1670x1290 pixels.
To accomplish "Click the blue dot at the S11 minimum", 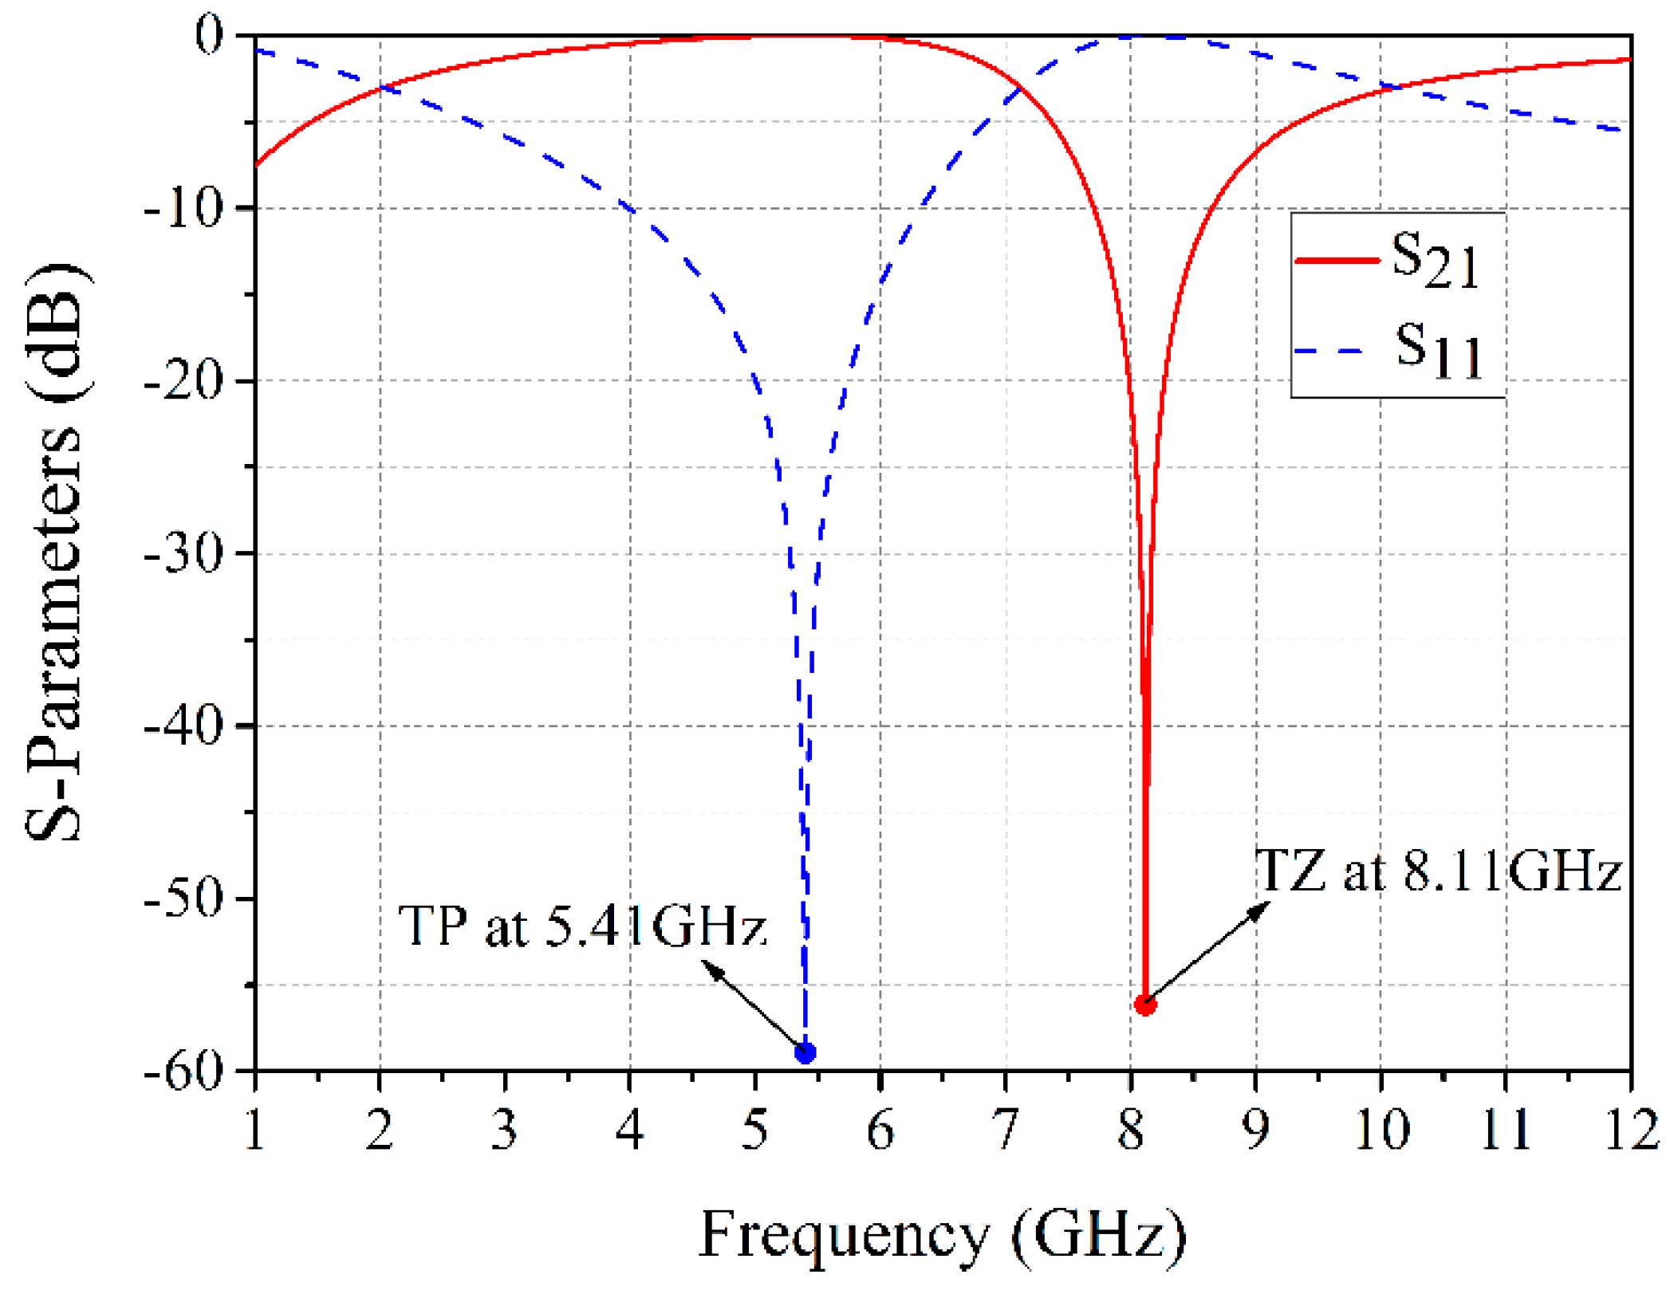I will click(805, 1052).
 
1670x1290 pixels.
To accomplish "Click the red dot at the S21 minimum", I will click(1145, 1005).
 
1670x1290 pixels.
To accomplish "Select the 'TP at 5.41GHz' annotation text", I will click(582, 926).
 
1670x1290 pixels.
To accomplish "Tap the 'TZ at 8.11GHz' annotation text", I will click(1438, 870).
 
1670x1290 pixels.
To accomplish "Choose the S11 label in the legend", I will click(1438, 350).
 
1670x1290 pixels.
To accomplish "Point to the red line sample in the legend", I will click(1337, 260).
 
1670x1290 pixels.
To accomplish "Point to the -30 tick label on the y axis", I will click(183, 553).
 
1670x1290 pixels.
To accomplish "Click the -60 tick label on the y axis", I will click(183, 1071).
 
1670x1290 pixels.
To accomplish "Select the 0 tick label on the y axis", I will click(209, 36).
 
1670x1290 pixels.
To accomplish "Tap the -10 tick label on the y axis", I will click(183, 208).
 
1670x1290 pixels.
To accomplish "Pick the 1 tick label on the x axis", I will click(254, 1131).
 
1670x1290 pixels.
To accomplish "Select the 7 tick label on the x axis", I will click(1006, 1131).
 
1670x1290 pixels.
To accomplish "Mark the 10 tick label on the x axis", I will click(1381, 1131).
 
